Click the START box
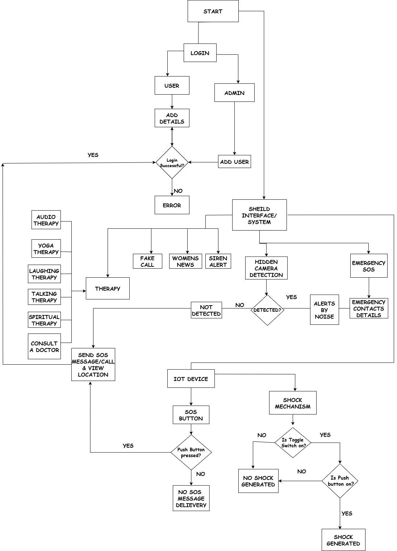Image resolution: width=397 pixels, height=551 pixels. pyautogui.click(x=213, y=11)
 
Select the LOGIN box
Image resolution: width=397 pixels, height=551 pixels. pyautogui.click(x=200, y=53)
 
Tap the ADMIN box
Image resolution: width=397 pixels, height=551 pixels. pyautogui.click(x=234, y=93)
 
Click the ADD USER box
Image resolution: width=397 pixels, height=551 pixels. pyautogui.click(x=234, y=162)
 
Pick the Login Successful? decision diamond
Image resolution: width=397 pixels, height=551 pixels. pyautogui.click(x=172, y=162)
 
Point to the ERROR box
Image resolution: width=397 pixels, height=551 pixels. pyautogui.click(x=172, y=205)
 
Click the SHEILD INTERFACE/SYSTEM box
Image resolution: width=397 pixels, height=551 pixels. pyautogui.click(x=259, y=215)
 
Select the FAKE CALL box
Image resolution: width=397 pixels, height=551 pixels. pyautogui.click(x=147, y=261)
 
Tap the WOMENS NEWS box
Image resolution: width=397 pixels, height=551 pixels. pyautogui.click(x=185, y=261)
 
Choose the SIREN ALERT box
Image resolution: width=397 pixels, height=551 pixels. pyautogui.click(x=218, y=261)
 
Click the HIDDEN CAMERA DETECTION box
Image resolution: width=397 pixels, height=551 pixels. pyautogui.click(x=266, y=268)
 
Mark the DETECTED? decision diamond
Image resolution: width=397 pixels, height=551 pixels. pyautogui.click(x=267, y=310)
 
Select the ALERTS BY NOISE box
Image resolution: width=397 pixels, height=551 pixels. pyautogui.click(x=324, y=310)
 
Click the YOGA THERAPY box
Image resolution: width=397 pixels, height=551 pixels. pyautogui.click(x=46, y=249)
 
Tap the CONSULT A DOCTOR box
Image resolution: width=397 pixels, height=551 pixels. pyautogui.click(x=45, y=347)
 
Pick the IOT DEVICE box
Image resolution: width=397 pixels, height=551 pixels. pyautogui.click(x=191, y=379)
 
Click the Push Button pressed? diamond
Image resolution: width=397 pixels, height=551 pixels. pyautogui.click(x=191, y=452)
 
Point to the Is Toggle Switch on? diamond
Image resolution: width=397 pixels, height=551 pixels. pyautogui.click(x=293, y=443)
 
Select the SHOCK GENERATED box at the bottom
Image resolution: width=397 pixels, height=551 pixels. pyautogui.click(x=343, y=540)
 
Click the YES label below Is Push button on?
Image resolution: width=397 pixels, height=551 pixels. pyautogui.click(x=347, y=513)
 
